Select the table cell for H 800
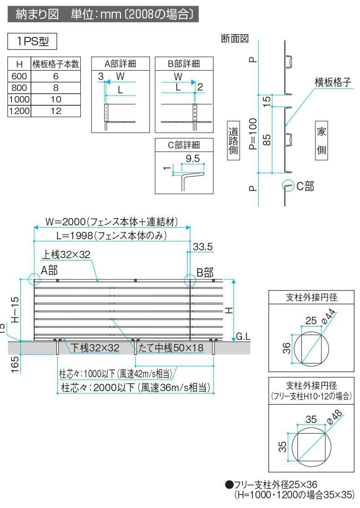click(19, 87)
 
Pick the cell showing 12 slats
click(56, 111)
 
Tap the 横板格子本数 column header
click(56, 64)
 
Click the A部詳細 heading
click(121, 64)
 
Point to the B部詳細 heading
click(184, 64)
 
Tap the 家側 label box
click(322, 141)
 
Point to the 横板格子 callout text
click(333, 82)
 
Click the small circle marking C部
click(287, 186)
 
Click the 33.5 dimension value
click(202, 247)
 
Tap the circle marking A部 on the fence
click(34, 279)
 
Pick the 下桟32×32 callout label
click(95, 348)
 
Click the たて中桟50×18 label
click(171, 348)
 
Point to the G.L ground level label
click(243, 337)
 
